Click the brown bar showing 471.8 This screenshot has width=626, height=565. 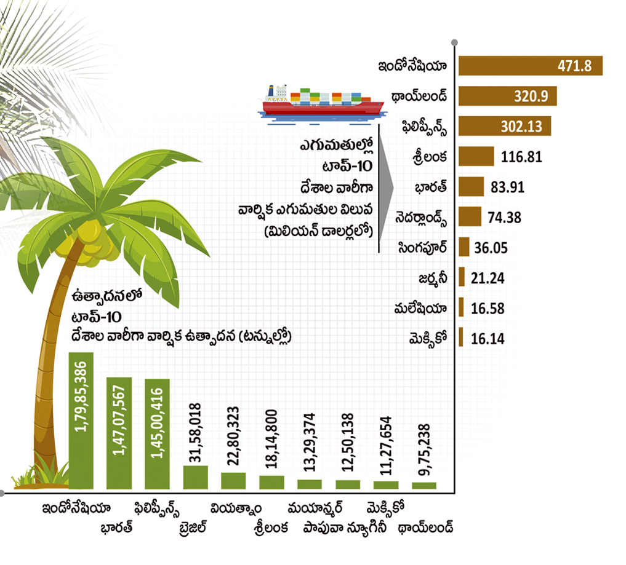click(x=530, y=66)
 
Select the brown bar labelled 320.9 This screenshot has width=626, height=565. click(x=507, y=96)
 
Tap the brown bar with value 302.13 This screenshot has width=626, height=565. click(x=505, y=126)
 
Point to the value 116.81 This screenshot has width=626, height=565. click(x=521, y=157)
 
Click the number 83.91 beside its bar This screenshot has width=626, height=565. click(x=507, y=187)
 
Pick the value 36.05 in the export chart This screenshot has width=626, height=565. click(x=491, y=248)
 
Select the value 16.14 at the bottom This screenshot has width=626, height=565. click(x=488, y=339)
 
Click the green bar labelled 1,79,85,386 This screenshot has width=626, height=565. click(x=81, y=421)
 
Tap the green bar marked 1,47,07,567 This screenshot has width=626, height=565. click(x=119, y=433)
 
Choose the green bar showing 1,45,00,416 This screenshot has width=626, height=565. click(x=158, y=434)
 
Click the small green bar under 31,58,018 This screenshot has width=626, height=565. click(x=195, y=477)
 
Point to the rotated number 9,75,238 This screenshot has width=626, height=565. click(x=424, y=450)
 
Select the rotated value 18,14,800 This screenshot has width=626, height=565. click(x=271, y=439)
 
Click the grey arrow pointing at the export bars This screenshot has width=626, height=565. click(x=386, y=188)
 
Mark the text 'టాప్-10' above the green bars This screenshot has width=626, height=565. click(x=96, y=317)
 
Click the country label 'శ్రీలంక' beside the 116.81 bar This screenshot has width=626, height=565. click(x=430, y=157)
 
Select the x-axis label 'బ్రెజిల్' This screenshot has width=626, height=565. click(x=193, y=527)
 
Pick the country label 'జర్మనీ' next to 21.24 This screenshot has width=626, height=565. click(x=433, y=279)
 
